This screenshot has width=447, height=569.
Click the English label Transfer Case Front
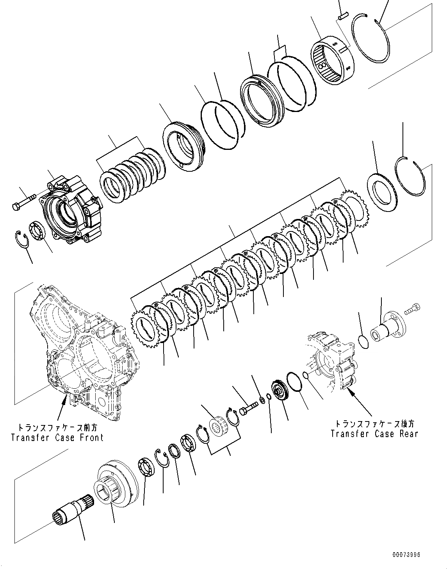[x=57, y=437]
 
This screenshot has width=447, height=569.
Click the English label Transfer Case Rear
[x=374, y=434]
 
